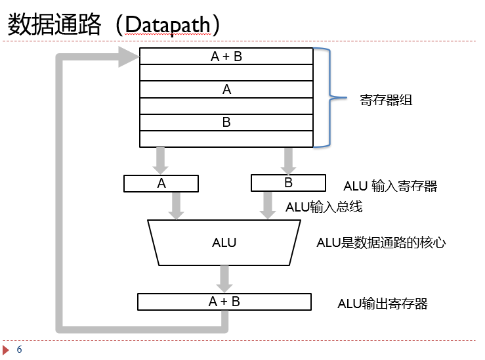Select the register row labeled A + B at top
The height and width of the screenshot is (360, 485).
tap(226, 56)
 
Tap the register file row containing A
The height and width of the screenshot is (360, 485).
tap(226, 89)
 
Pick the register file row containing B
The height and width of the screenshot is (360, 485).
tap(226, 122)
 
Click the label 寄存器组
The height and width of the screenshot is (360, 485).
tap(386, 101)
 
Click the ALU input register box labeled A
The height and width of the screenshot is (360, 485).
tap(161, 184)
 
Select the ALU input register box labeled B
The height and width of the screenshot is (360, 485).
tap(288, 183)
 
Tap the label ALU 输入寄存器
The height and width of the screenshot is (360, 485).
tap(390, 186)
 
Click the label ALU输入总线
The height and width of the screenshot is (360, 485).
tap(324, 207)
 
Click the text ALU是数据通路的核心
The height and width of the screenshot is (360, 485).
tap(381, 242)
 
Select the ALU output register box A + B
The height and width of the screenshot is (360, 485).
tap(224, 302)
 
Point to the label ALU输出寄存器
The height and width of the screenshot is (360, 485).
tap(383, 304)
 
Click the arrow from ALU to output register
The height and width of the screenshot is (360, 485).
tap(224, 279)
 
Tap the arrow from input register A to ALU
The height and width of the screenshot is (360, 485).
tap(176, 205)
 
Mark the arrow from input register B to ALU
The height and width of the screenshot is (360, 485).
tap(267, 205)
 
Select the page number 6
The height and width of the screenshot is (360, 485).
tap(19, 349)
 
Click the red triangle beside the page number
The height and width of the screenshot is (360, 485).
tap(6, 349)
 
